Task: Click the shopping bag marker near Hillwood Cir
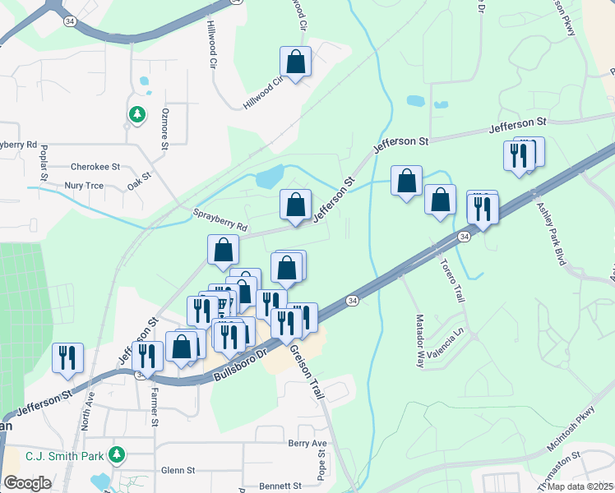pyautogui.click(x=295, y=62)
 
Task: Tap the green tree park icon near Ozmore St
pyautogui.click(x=136, y=114)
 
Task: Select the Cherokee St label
pyautogui.click(x=95, y=166)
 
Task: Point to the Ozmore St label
pyautogui.click(x=164, y=128)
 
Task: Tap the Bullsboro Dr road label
pyautogui.click(x=241, y=362)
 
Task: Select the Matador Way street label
pyautogui.click(x=419, y=339)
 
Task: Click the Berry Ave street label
pyautogui.click(x=307, y=444)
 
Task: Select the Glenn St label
pyautogui.click(x=178, y=471)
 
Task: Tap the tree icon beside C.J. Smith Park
pyautogui.click(x=118, y=454)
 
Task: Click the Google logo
pyautogui.click(x=27, y=483)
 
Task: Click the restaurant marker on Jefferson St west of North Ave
pyautogui.click(x=66, y=357)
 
